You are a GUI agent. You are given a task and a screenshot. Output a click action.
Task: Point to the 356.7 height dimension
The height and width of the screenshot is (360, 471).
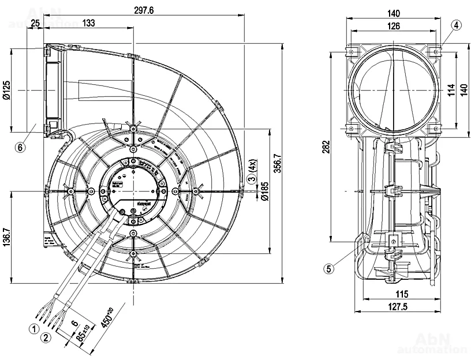tap(278, 163)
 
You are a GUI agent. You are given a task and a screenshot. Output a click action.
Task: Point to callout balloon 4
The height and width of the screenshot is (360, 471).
tap(456, 25)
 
